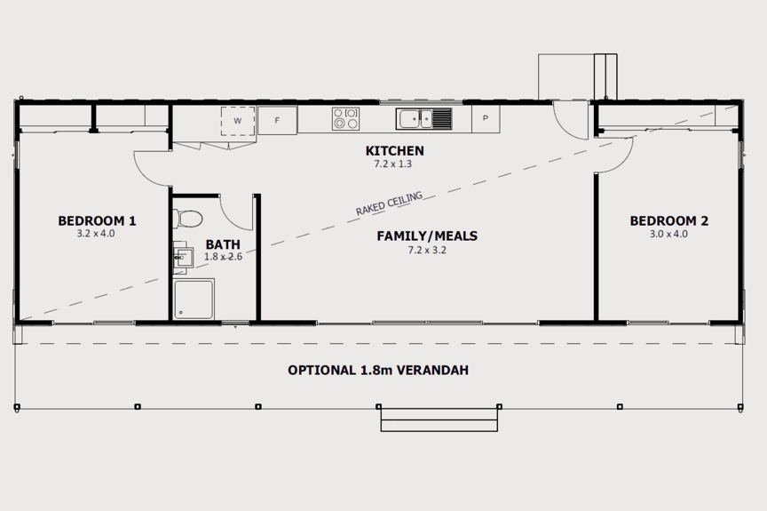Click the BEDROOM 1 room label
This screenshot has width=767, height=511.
97,221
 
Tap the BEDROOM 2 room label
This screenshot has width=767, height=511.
668,221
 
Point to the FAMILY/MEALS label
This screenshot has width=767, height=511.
427,236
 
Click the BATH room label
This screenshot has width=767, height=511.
222,244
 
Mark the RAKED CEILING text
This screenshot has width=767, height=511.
389,204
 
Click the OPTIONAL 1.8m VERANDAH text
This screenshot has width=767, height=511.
377,371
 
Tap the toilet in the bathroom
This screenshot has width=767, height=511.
189,217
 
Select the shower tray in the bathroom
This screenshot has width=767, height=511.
194,299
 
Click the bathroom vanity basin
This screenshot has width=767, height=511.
183,258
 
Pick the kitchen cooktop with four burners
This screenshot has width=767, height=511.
345,119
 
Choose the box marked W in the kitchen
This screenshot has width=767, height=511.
237,120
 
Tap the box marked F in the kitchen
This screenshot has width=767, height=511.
277,120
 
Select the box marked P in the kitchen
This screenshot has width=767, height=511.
486,118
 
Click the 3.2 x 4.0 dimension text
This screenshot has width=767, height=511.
96,235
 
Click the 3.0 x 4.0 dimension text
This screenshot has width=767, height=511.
668,235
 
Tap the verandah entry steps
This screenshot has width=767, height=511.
439,419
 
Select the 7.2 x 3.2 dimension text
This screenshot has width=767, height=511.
426,251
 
